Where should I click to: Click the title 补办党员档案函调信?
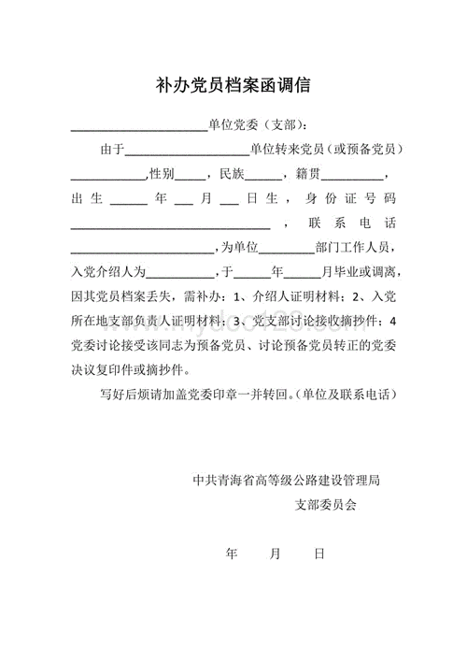tap(233, 86)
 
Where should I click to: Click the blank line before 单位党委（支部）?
tap(139, 126)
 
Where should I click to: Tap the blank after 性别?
tap(191, 176)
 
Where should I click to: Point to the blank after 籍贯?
tap(354, 176)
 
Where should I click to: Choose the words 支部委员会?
tap(325, 505)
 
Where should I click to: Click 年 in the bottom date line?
tap(233, 554)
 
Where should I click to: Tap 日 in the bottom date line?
tap(319, 554)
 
